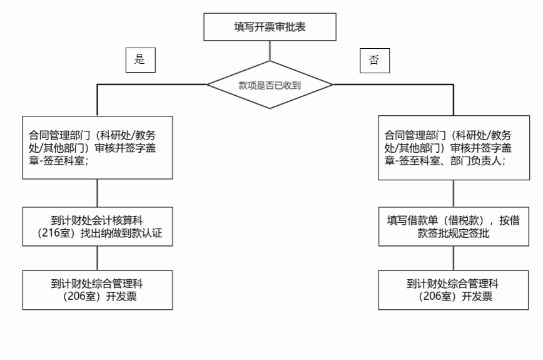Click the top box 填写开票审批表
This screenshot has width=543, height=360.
pos(270,27)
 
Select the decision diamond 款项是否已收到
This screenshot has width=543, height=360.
pos(270,85)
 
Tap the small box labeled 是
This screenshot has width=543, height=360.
pos(141,60)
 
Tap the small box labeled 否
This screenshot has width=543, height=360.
pos(375,61)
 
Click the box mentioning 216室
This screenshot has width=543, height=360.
pos(98,227)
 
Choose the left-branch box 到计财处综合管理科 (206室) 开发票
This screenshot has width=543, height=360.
pos(98,290)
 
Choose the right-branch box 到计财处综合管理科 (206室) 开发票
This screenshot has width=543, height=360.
pos(454,290)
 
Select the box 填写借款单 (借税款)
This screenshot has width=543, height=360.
pos(454,227)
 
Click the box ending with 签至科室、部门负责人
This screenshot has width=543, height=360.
pos(454,148)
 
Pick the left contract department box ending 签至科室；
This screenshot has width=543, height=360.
pos(98,148)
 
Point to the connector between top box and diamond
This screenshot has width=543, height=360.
pos(270,51)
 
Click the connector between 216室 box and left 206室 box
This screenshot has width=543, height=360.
pos(98,259)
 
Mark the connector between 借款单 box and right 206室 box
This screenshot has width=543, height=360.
pos(454,259)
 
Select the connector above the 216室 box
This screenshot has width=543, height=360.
pos(98,193)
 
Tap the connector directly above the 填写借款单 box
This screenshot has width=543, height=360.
pos(454,193)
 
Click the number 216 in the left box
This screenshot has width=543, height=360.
pos(51,233)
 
